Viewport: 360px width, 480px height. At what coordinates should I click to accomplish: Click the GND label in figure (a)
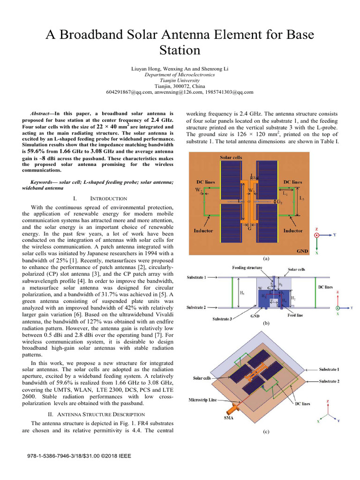(303, 251)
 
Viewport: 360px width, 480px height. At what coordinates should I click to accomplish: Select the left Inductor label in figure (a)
(204, 231)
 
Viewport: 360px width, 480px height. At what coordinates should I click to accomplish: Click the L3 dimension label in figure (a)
(302, 199)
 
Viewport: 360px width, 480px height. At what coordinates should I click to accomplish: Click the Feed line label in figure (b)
(294, 315)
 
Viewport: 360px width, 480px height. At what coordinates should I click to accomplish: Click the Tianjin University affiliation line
(180, 80)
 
